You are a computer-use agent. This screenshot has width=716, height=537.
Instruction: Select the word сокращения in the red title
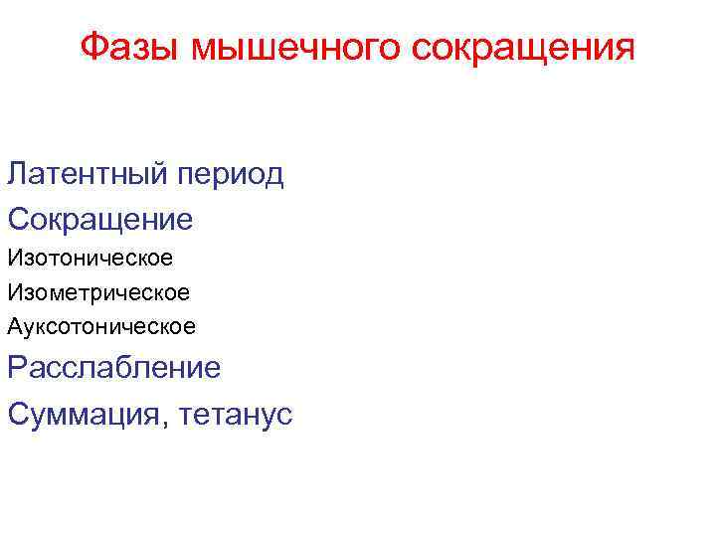pos(520,48)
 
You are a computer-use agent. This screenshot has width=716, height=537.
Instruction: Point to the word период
pos(230,176)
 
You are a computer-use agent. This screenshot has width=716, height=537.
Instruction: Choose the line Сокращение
pos(99,219)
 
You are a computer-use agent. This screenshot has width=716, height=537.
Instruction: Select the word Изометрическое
pos(98,292)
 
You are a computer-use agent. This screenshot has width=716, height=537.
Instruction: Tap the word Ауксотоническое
pos(101,325)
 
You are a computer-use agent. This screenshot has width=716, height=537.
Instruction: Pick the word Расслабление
pos(114,368)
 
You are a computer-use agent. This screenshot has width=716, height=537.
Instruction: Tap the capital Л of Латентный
pos(17,174)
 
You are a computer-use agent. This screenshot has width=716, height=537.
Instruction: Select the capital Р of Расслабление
pos(17,368)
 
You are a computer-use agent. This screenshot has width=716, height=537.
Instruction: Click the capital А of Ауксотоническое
pos(15,325)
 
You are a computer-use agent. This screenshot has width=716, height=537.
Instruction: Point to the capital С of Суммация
pos(19,412)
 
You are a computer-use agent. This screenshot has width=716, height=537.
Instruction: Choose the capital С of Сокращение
pos(19,218)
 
